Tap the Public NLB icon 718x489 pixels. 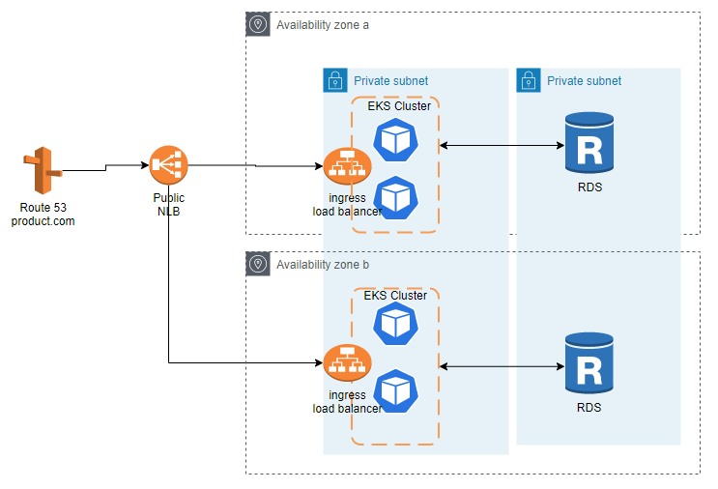pyautogui.click(x=168, y=166)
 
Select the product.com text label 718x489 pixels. pyautogui.click(x=43, y=221)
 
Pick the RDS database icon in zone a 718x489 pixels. pyautogui.click(x=589, y=143)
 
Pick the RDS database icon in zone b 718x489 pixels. pyautogui.click(x=589, y=365)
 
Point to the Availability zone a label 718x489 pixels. pyautogui.click(x=323, y=24)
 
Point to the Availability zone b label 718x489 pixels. pyautogui.click(x=323, y=264)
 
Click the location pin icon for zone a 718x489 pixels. pyautogui.click(x=258, y=24)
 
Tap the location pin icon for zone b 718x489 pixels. pyautogui.click(x=258, y=264)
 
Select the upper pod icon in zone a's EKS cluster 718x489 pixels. pyautogui.click(x=395, y=140)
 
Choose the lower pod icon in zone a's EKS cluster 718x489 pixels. pyautogui.click(x=395, y=196)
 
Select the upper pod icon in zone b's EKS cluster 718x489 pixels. pyautogui.click(x=395, y=324)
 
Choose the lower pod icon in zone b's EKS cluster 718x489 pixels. pyautogui.click(x=395, y=390)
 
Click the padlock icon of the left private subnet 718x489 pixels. pyautogui.click(x=334, y=80)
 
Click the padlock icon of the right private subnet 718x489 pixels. pyautogui.click(x=528, y=80)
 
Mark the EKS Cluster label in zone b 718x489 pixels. pyautogui.click(x=395, y=295)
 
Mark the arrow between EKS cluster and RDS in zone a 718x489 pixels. pyautogui.click(x=503, y=146)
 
